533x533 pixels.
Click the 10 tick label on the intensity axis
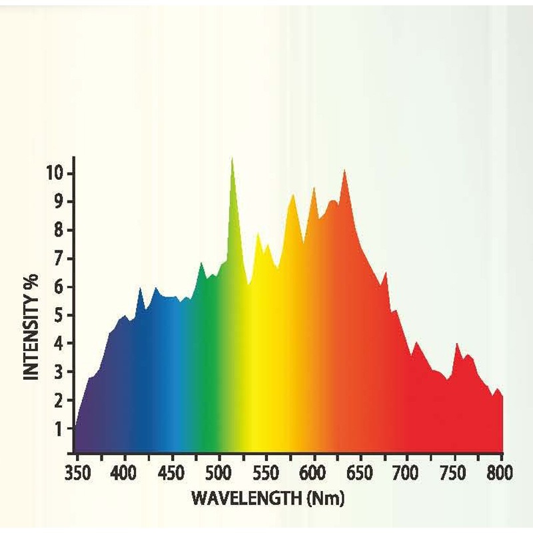click(55, 173)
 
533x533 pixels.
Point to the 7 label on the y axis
click(59, 259)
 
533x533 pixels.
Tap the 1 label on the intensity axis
click(59, 428)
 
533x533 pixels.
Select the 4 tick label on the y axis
click(59, 343)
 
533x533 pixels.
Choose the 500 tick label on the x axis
click(219, 474)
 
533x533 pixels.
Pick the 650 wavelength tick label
click(360, 474)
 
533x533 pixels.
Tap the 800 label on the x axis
click(500, 474)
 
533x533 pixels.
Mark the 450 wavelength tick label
click(172, 474)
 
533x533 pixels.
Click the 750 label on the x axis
click(454, 474)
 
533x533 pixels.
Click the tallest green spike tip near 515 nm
click(232, 158)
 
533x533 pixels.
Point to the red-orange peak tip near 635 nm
click(344, 171)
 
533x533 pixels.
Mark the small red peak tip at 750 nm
click(457, 343)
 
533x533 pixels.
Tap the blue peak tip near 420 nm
click(140, 288)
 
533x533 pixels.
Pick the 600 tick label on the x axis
click(313, 474)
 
